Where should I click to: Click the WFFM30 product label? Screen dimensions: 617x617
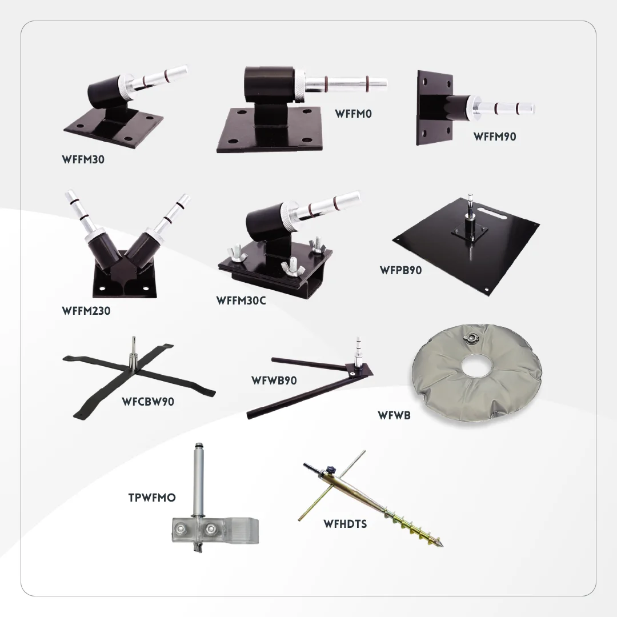click(83, 159)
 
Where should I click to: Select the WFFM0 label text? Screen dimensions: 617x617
click(353, 114)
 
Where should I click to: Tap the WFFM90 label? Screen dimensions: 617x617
click(495, 137)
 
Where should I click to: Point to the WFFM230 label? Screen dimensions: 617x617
click(86, 311)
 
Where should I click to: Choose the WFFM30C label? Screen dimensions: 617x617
click(241, 301)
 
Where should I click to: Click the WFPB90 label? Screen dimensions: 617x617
click(400, 270)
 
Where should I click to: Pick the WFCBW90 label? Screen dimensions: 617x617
click(148, 402)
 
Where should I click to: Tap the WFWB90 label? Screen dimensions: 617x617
click(274, 380)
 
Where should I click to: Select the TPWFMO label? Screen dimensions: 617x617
click(152, 498)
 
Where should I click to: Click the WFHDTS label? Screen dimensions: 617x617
click(345, 524)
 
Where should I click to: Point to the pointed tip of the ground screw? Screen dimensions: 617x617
click(442, 546)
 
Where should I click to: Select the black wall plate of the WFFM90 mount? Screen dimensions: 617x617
click(434, 108)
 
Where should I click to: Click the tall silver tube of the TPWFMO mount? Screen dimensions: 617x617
click(198, 480)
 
